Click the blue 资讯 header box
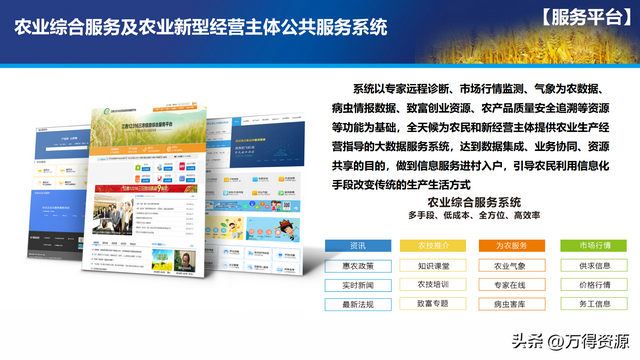357,246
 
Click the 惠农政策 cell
357,266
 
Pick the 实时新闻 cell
357,285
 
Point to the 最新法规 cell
357,304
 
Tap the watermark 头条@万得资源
569,341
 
